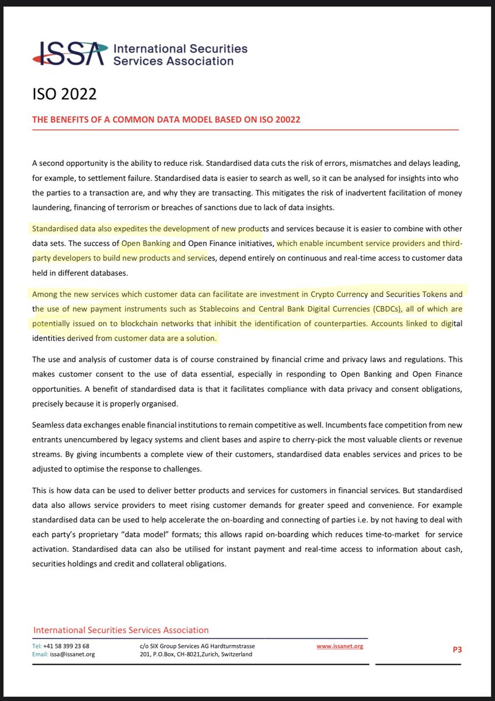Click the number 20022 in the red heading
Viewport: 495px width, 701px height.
coord(283,120)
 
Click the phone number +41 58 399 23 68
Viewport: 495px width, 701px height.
coord(69,646)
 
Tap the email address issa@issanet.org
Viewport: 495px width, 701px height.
coord(73,654)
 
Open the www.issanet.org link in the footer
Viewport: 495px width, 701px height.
coord(341,646)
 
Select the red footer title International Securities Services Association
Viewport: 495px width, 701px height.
coord(121,630)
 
